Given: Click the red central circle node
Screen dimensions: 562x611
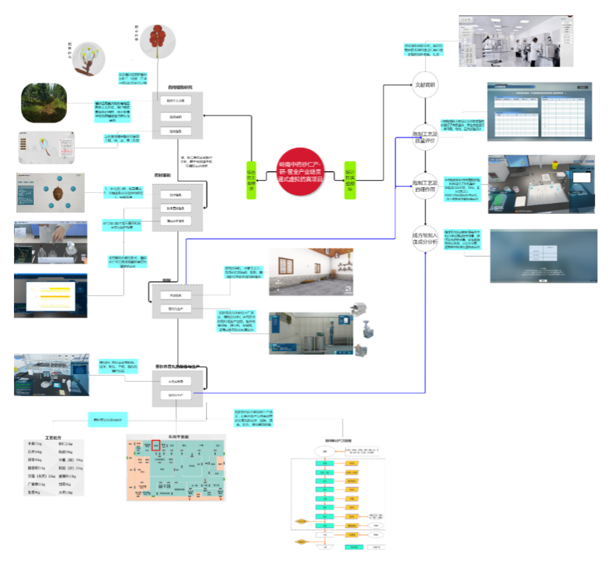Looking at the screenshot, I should click(x=300, y=172).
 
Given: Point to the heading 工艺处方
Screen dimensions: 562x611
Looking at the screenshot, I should click(x=55, y=439).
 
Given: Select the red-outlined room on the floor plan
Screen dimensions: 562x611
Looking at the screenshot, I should click(x=155, y=445).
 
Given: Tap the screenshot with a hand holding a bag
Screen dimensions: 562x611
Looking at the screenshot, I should click(x=51, y=243).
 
